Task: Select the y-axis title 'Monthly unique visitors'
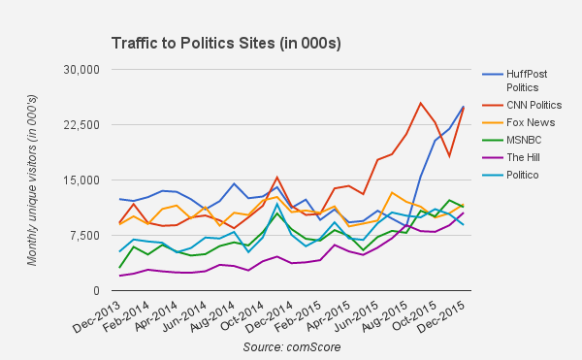click(x=31, y=180)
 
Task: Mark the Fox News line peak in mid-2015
click(x=391, y=192)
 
